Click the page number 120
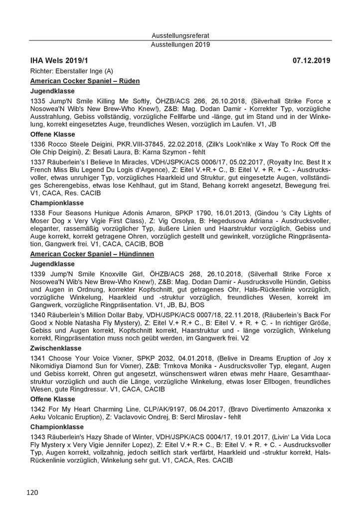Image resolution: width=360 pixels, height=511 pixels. click(32, 493)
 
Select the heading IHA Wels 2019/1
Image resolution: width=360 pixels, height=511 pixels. click(58, 61)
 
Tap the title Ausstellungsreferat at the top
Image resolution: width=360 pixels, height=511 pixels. click(180, 36)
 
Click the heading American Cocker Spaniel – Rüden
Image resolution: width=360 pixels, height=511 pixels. click(85, 81)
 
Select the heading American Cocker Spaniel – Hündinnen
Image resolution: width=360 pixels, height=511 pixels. click(92, 254)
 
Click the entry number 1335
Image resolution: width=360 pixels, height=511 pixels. click(38, 100)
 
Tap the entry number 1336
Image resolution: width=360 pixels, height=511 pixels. click(38, 144)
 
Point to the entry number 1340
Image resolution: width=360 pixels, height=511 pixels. click(38, 317)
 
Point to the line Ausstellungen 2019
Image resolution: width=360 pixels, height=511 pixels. click(180, 44)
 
